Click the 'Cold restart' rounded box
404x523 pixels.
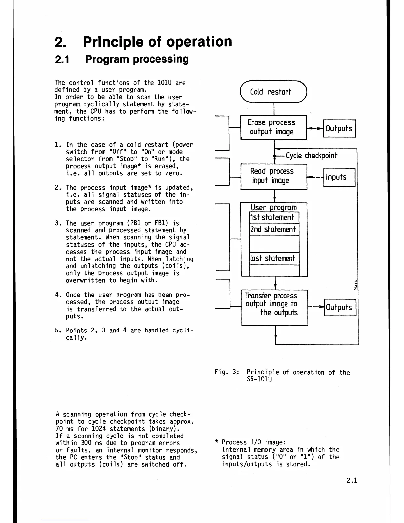tap(274, 92)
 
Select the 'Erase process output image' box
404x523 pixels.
tap(274, 127)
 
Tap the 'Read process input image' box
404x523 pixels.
tap(274, 176)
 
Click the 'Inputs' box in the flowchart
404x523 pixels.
tap(339, 177)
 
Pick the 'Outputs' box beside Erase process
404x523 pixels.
tap(339, 128)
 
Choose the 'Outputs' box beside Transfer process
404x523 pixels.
tap(340, 307)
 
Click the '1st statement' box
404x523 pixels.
tap(274, 217)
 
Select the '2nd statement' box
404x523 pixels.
tap(274, 229)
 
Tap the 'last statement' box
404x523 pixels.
tap(274, 258)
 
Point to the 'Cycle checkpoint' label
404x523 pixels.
tap(311, 156)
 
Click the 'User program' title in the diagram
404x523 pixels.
tap(274, 207)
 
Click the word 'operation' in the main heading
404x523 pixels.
tap(199, 42)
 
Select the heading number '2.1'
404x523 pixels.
tap(62, 59)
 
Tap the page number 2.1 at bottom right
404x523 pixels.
tap(352, 480)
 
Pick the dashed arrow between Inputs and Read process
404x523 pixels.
tap(315, 178)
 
